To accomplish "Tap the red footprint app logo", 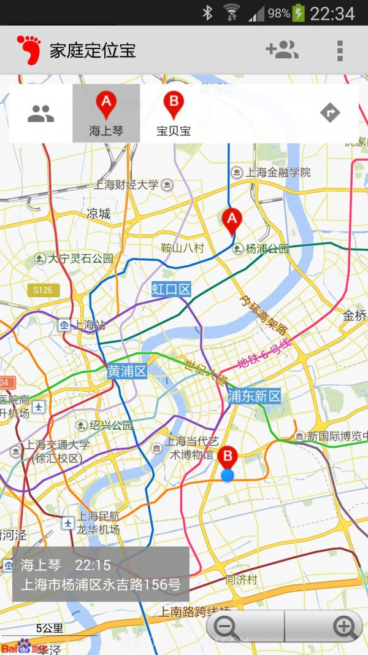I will tap(28, 50).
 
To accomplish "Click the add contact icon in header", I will tap(282, 50).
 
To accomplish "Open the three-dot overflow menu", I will tap(339, 50).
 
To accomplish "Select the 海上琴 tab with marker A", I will tap(106, 114).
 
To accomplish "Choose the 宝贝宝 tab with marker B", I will tap(174, 114).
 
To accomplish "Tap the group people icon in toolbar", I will tap(40, 113).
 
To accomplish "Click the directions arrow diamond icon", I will tap(330, 113).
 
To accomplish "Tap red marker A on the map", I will tap(231, 221).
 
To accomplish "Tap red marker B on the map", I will tap(228, 458).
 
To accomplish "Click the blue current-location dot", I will tap(228, 475).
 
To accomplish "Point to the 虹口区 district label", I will tap(172, 289).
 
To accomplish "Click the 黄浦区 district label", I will tap(127, 371).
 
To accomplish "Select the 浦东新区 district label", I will tap(254, 396).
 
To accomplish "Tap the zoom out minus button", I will tap(226, 627).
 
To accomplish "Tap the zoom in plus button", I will tap(344, 627).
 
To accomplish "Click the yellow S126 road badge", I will tap(43, 290).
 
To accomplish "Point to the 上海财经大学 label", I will tap(126, 185).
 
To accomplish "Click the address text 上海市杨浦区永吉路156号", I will tap(101, 584).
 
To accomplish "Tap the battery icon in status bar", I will tap(299, 13).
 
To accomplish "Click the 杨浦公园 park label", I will tap(266, 249).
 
